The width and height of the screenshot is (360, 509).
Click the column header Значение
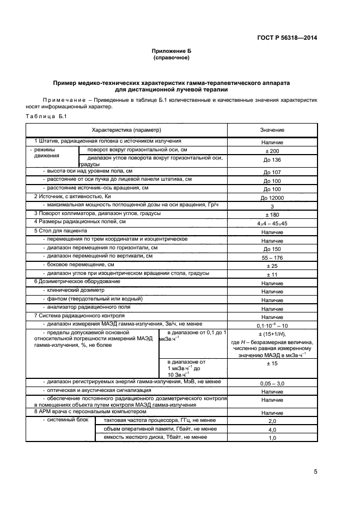272,131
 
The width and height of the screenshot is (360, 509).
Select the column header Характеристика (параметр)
126,131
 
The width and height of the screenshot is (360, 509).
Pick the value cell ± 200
272,151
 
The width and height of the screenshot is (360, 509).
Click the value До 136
272,160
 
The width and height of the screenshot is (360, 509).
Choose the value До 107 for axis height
272,173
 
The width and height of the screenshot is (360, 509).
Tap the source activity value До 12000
272,198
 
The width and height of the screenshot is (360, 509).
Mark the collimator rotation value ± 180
272,214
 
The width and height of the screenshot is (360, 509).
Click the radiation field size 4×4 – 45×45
272,223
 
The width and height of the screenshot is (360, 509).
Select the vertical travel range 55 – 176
272,257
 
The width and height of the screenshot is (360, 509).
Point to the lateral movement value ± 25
272,266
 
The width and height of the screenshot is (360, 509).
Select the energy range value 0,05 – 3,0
272,384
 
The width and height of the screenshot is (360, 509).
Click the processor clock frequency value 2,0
272,421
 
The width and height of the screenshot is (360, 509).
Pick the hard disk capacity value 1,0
272,438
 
